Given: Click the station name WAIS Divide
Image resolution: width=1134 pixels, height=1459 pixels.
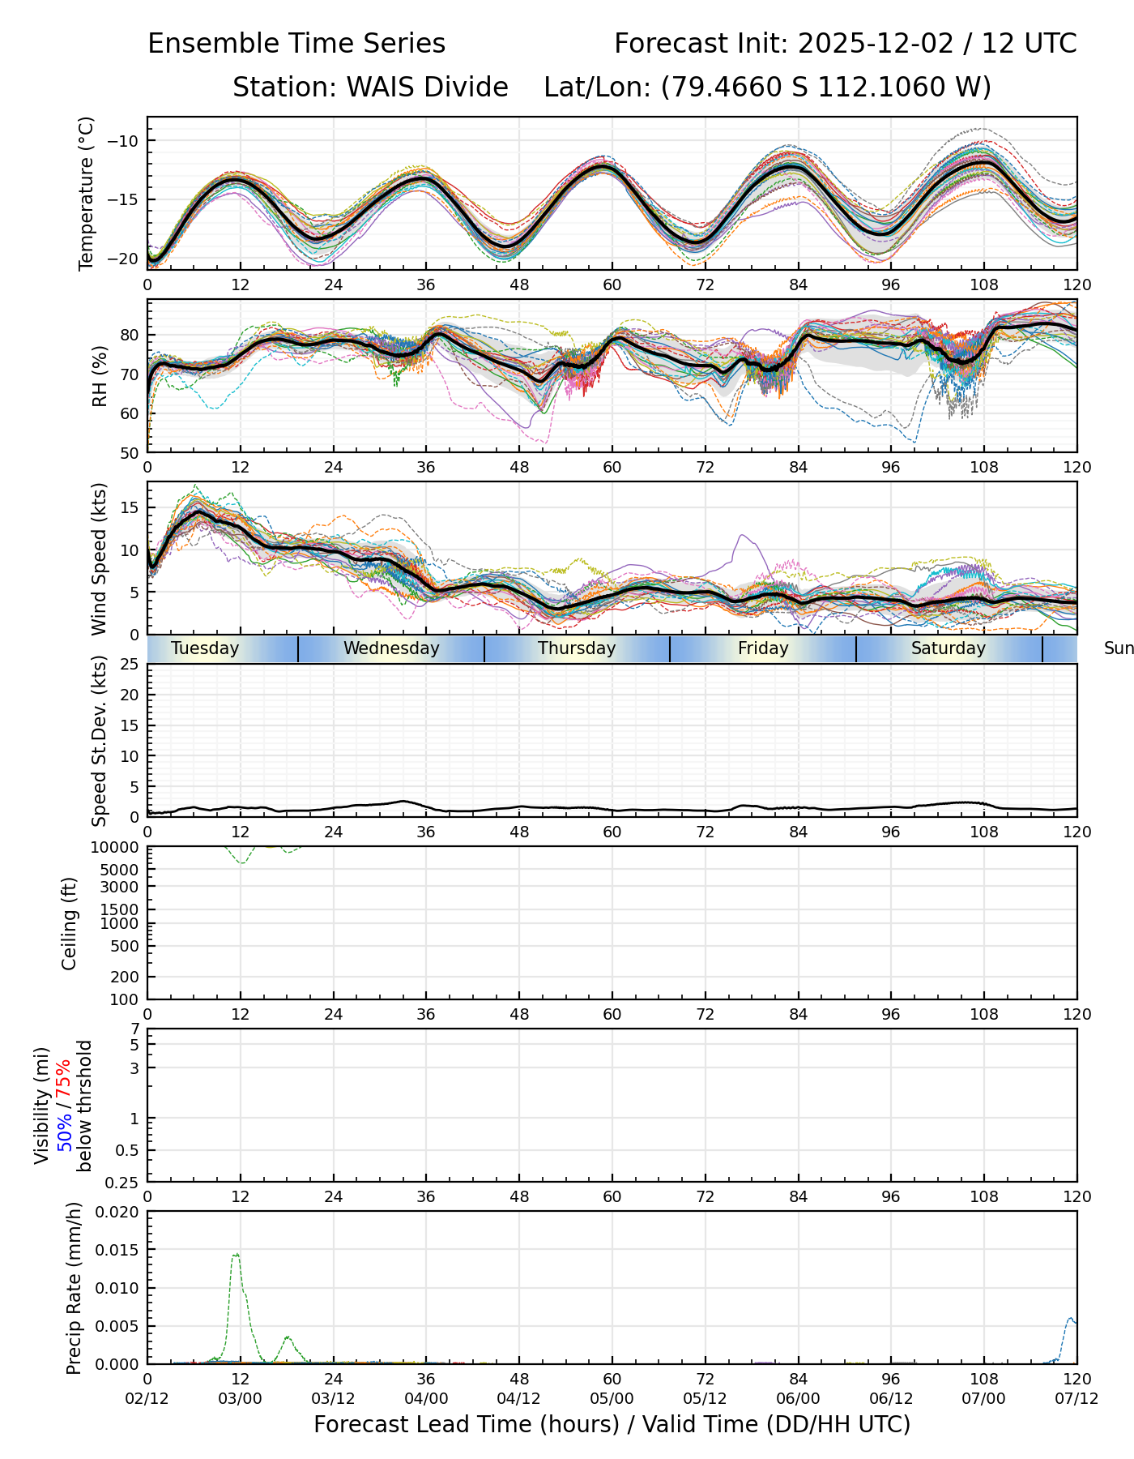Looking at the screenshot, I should pyautogui.click(x=427, y=87).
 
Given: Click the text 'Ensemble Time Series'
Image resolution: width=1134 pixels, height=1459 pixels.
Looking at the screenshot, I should pyautogui.click(x=296, y=44).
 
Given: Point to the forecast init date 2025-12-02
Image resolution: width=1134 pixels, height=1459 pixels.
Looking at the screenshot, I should pyautogui.click(x=876, y=44).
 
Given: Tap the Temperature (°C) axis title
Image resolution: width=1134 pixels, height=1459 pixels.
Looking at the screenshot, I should pyautogui.click(x=87, y=193).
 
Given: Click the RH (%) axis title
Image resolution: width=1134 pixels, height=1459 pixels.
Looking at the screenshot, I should pyautogui.click(x=100, y=376).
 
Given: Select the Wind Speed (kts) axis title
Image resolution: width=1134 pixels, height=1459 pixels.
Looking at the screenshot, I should pyautogui.click(x=100, y=558).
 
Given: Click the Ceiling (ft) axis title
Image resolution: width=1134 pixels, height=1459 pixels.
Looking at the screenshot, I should pyautogui.click(x=70, y=923).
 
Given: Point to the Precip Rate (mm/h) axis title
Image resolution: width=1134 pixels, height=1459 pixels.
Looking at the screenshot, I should pyautogui.click(x=75, y=1288).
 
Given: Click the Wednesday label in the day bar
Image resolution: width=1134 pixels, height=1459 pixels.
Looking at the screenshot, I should pyautogui.click(x=391, y=648).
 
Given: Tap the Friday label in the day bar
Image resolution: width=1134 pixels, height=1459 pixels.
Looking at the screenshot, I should pyautogui.click(x=763, y=648).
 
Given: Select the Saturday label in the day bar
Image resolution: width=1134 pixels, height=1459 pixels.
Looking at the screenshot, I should pyautogui.click(x=949, y=648).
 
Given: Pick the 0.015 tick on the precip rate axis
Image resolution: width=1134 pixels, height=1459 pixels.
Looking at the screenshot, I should pyautogui.click(x=117, y=1249).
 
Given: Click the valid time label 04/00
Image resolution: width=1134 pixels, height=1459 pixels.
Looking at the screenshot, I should pyautogui.click(x=426, y=1399).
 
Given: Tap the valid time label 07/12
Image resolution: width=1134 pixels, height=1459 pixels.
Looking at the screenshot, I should pyautogui.click(x=1076, y=1399).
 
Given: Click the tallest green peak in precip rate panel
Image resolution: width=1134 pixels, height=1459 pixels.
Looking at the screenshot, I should pyautogui.click(x=236, y=1255).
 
